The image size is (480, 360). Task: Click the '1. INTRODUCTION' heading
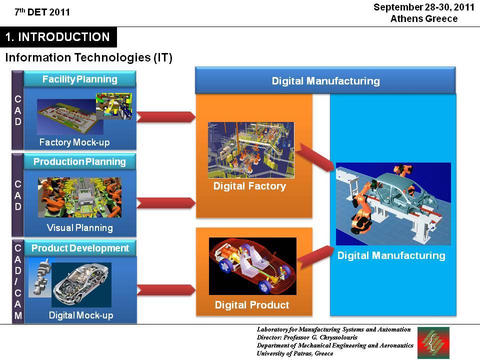(58, 37)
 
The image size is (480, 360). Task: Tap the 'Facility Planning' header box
(79, 79)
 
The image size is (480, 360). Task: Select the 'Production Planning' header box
(79, 161)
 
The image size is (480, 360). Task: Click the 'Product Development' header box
(80, 248)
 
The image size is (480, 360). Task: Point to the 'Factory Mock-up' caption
(74, 142)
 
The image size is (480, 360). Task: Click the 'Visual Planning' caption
(80, 228)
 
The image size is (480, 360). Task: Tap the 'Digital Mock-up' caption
(81, 315)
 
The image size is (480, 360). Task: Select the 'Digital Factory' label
(250, 186)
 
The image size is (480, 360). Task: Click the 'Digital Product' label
(252, 305)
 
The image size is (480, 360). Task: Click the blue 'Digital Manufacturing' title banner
(325, 81)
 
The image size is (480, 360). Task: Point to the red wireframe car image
(252, 266)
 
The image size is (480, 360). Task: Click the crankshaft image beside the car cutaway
(40, 278)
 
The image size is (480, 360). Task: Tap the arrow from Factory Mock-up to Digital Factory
(166, 117)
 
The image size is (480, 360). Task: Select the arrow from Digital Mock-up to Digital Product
(166, 290)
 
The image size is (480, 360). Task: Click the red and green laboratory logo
(433, 342)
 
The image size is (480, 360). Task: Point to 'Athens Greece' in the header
(424, 18)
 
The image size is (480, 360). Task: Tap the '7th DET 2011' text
(42, 12)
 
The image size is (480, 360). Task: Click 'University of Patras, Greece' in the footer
(295, 353)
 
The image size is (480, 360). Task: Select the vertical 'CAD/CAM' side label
(18, 281)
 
